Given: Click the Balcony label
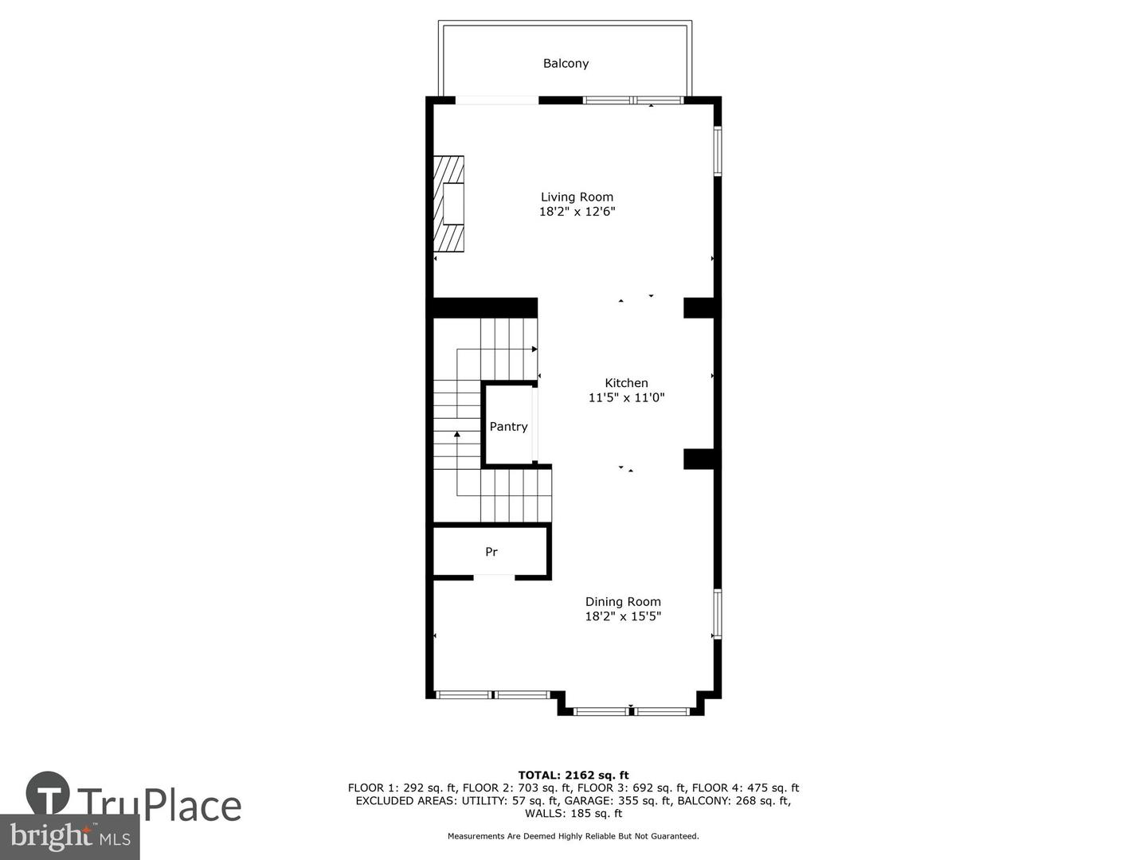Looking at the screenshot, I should [566, 64].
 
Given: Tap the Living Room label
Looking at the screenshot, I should [577, 197].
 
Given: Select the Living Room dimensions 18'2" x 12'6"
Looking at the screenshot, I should [577, 212].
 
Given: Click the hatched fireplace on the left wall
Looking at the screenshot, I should [448, 203].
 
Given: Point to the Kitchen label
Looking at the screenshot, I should [626, 383].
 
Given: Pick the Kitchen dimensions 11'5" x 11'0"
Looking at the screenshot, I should [626, 397].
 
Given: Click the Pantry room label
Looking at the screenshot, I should [508, 427].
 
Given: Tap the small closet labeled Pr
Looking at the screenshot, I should [491, 552].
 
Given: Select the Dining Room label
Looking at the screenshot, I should [623, 602].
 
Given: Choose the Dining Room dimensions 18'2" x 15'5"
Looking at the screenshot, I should [623, 616].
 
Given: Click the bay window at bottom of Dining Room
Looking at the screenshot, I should [631, 710].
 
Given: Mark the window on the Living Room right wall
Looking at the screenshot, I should [717, 151].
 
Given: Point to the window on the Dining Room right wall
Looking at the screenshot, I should [717, 613].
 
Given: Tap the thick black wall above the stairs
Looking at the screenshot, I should [484, 308].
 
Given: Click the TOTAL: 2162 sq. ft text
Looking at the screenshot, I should [573, 775].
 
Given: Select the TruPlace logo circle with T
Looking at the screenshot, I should [48, 794].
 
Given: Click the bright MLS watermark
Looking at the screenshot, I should [70, 837].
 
